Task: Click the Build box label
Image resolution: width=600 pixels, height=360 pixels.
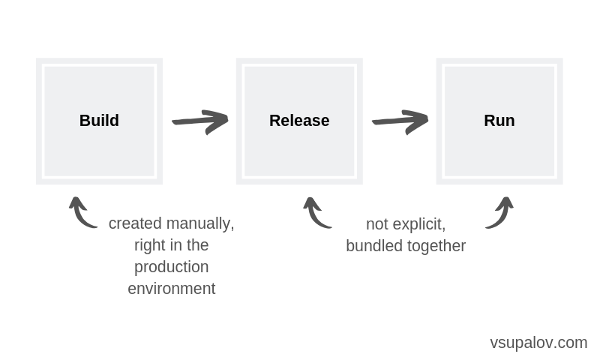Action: pyautogui.click(x=99, y=121)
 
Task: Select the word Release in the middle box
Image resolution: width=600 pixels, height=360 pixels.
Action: pyautogui.click(x=299, y=121)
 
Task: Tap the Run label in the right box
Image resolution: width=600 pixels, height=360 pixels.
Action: pyautogui.click(x=499, y=121)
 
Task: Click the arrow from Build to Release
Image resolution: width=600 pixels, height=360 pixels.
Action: pyautogui.click(x=199, y=121)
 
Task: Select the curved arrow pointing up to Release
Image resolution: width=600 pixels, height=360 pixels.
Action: pyautogui.click(x=316, y=213)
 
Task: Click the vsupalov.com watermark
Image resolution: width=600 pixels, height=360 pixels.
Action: pyautogui.click(x=538, y=343)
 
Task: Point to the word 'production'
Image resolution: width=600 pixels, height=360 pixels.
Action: pyautogui.click(x=171, y=267)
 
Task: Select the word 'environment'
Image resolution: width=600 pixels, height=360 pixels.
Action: pyautogui.click(x=171, y=289)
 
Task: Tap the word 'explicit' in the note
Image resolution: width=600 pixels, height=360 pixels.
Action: pyautogui.click(x=418, y=223)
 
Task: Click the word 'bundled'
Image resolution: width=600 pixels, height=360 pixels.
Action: pyautogui.click(x=373, y=245)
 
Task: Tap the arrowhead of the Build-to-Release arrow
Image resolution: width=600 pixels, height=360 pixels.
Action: pyautogui.click(x=219, y=121)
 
